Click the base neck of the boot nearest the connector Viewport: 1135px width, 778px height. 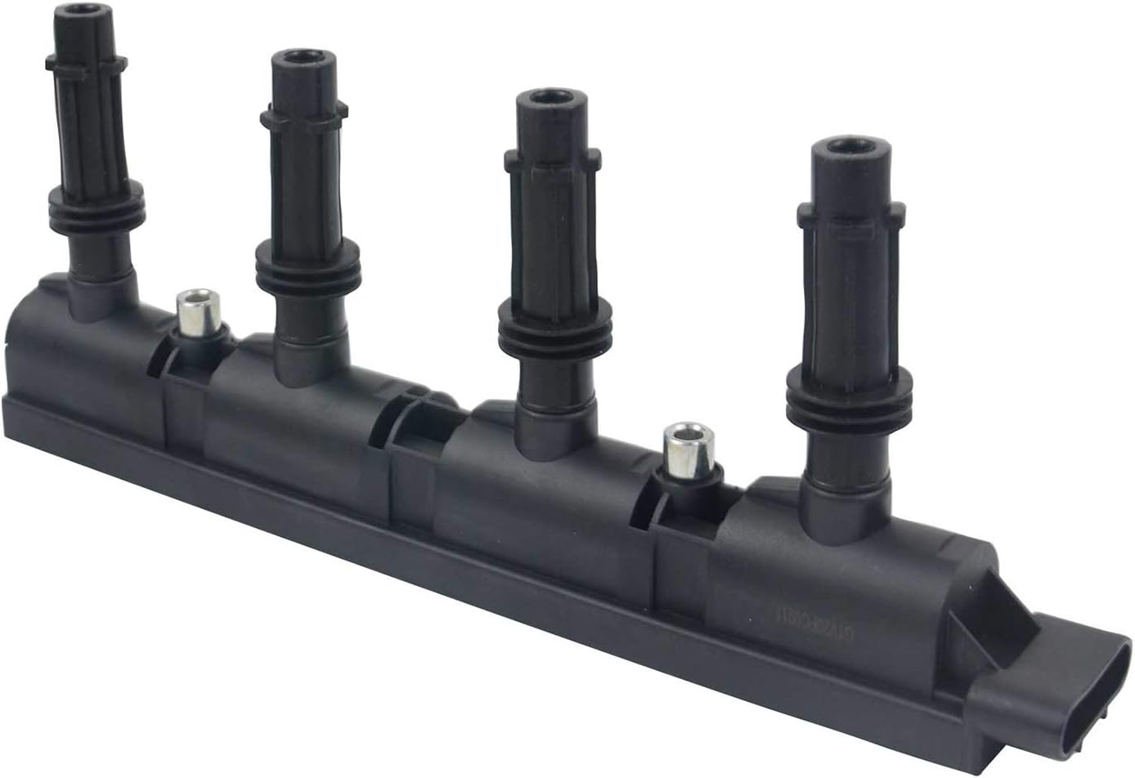[842, 482]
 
